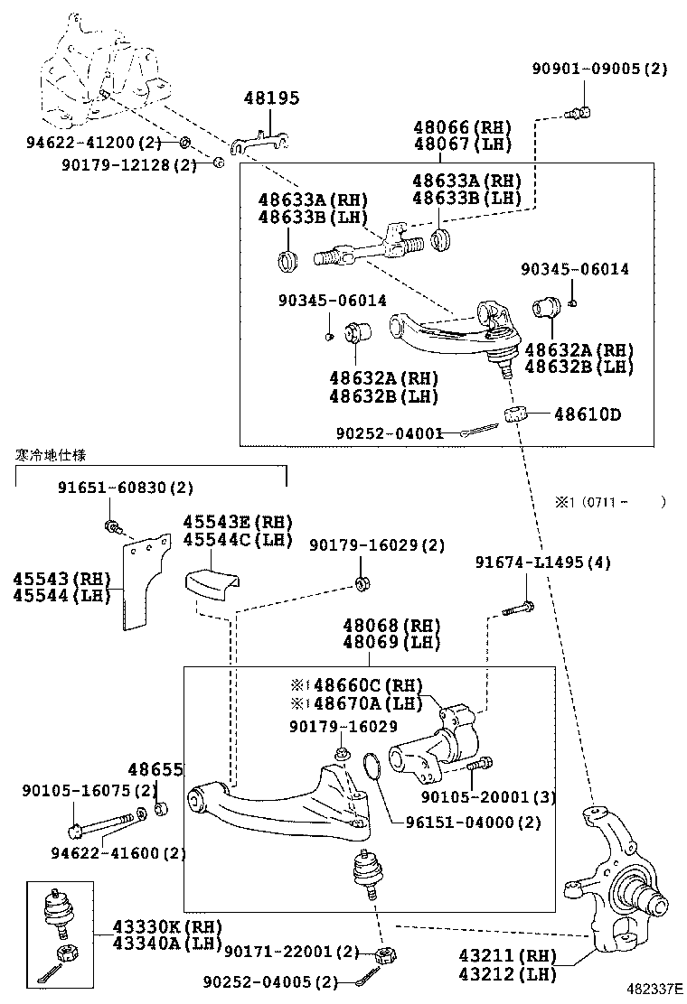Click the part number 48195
[271, 98]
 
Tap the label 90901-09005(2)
[599, 69]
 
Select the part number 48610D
[587, 415]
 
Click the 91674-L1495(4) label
[542, 562]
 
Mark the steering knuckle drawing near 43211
[624, 885]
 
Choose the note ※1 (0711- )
[610, 502]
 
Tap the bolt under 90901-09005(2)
[580, 112]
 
